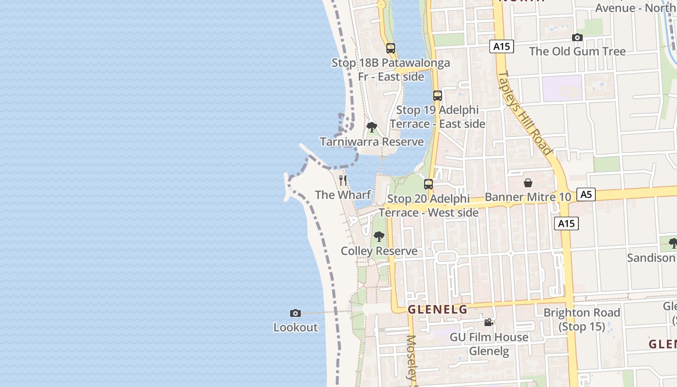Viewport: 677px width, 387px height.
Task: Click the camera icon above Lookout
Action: pos(295,313)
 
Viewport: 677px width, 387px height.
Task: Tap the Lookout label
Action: pos(295,327)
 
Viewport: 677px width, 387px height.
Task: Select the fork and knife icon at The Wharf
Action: pos(343,180)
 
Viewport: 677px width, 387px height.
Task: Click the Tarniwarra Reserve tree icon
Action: pos(371,128)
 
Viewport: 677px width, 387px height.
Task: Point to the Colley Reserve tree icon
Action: pos(379,237)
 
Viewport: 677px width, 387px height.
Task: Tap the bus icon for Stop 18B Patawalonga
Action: pos(390,48)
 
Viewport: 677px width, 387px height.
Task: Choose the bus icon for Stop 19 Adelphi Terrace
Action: pos(437,96)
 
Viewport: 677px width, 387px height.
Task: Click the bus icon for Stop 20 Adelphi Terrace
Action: pos(428,184)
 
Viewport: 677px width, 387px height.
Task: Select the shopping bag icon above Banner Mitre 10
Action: pos(528,183)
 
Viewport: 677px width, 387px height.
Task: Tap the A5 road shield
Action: pos(586,194)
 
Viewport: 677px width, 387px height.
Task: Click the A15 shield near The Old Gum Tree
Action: pos(501,46)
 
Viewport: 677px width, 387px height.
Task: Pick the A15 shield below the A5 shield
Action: pos(566,223)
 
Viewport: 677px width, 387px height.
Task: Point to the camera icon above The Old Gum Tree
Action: pos(577,37)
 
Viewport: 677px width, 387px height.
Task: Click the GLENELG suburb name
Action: pos(438,310)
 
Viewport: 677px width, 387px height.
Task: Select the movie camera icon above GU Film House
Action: pos(488,322)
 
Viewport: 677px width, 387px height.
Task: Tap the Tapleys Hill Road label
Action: pos(525,113)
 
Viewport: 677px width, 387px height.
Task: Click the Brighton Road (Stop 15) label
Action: pos(582,319)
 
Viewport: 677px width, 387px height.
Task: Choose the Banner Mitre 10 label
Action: pos(528,197)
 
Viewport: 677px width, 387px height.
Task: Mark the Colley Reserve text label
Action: pos(379,251)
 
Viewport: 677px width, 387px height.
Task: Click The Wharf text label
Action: pos(343,195)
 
